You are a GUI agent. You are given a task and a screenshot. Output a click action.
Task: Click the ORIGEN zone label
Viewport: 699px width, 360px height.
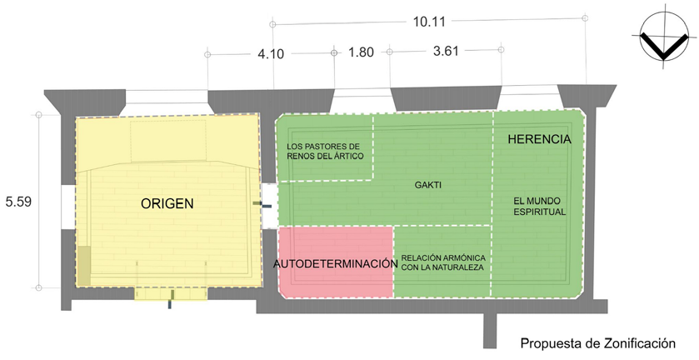coord(167,204)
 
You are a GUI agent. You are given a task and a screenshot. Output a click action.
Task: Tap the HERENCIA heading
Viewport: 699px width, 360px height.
coord(539,139)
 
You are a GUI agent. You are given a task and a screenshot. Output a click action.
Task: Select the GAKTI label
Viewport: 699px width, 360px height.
coord(428,185)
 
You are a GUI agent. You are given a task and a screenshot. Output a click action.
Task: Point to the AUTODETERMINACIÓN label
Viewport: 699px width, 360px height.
coord(335,263)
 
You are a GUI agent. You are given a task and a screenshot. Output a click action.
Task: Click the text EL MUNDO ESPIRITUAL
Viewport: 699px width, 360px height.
coord(539,207)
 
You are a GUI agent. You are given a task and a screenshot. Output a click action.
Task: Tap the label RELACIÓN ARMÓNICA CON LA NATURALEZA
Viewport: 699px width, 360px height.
coord(443,262)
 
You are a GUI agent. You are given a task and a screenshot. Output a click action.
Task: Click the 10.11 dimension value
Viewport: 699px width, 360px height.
coord(429,22)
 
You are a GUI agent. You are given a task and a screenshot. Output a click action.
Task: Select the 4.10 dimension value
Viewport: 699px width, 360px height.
coord(271,54)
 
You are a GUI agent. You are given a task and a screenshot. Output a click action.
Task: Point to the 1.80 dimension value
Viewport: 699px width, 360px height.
coord(361,52)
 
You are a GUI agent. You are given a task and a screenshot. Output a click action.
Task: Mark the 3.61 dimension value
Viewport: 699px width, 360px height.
coord(446,52)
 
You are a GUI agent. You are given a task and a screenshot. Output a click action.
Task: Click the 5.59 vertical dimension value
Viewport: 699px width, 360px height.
coord(18,202)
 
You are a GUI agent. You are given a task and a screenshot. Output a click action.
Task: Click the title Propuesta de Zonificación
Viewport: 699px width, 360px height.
coord(598,343)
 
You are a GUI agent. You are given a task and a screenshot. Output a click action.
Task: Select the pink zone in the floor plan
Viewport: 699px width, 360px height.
coord(335,262)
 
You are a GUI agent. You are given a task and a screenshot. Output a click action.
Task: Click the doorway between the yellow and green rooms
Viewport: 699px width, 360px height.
coord(269,205)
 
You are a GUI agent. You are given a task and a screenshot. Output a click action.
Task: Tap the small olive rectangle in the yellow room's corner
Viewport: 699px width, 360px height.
coord(84,266)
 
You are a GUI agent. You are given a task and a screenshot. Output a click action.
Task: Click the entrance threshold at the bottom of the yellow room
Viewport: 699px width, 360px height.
coord(171,293)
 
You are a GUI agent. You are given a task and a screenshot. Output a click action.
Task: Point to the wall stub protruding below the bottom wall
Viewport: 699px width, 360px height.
coord(490,330)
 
